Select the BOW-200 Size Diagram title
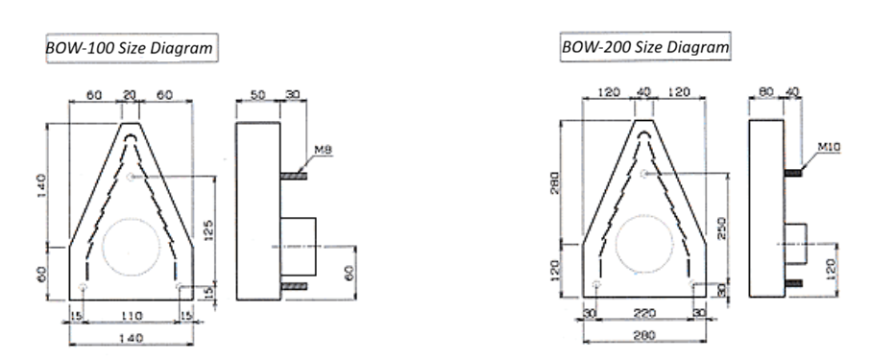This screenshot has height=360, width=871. [645, 47]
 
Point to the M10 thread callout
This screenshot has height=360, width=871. [830, 147]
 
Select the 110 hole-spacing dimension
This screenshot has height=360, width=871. [132, 316]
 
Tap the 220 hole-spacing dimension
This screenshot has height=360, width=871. [644, 313]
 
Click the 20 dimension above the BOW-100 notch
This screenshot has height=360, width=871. [129, 95]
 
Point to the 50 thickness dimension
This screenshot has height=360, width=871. [257, 95]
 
